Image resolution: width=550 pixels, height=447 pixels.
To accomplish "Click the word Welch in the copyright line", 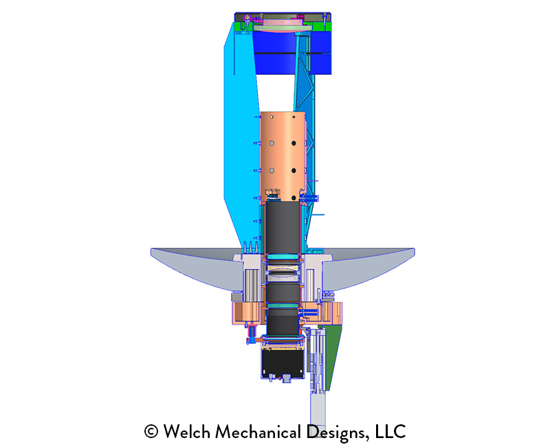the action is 186,431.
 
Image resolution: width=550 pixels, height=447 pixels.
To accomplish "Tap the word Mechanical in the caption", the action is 258,431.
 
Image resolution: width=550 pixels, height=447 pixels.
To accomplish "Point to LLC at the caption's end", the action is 390,431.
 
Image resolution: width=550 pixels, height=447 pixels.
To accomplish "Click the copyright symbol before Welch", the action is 151,432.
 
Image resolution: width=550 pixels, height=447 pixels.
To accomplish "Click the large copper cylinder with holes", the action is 283,157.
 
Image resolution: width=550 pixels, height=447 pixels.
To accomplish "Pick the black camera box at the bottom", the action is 283,364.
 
